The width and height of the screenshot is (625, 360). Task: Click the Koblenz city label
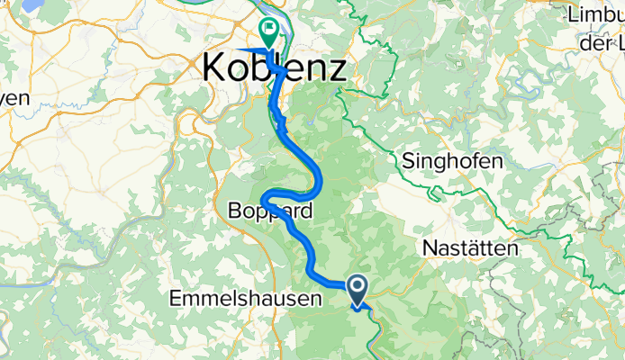[275, 67]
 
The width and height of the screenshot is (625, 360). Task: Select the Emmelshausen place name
[245, 298]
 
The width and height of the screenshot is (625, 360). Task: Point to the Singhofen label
[451, 161]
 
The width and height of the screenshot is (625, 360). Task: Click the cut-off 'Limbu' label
[595, 15]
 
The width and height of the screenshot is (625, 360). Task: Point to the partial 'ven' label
[14, 97]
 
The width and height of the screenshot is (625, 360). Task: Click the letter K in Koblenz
[217, 67]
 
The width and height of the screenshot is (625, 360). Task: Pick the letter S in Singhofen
[407, 161]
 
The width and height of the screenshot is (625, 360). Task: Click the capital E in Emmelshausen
[176, 298]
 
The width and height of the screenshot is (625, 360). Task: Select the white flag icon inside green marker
[268, 29]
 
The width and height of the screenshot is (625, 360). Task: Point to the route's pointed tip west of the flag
[236, 49]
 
